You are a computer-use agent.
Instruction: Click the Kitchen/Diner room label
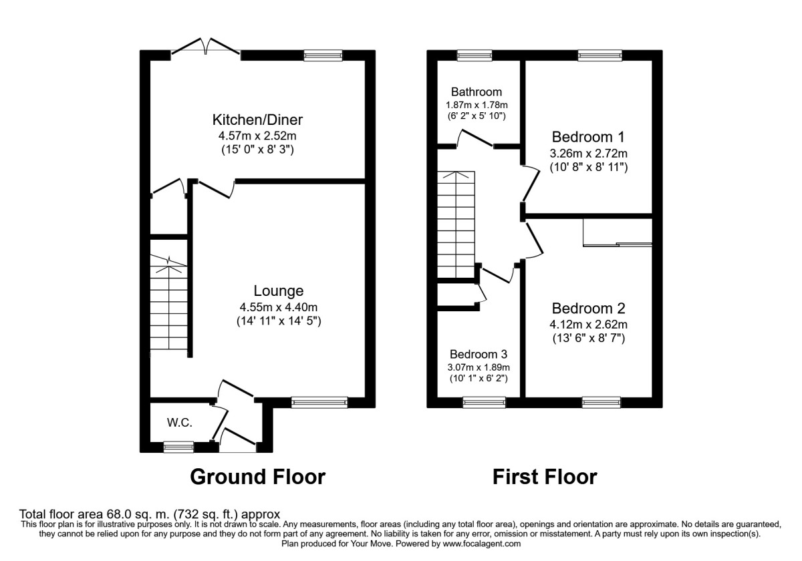pos(257,120)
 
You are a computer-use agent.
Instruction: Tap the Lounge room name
pos(278,291)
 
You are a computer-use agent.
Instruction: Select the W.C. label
pos(178,422)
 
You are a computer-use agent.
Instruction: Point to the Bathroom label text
pos(476,92)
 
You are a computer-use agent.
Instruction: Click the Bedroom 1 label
pos(588,138)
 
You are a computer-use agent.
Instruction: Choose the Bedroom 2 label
pos(588,309)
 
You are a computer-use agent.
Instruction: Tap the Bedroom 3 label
pos(479,354)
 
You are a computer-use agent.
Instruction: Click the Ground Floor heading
pos(257,477)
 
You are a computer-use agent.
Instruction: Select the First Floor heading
pos(545,477)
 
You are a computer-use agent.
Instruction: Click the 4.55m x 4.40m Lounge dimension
pos(278,307)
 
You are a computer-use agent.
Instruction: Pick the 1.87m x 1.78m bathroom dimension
pos(476,105)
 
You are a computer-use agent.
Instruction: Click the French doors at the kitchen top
pos(206,47)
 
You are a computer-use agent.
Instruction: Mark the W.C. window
pos(178,447)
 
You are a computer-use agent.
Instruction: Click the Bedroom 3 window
pos(485,402)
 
